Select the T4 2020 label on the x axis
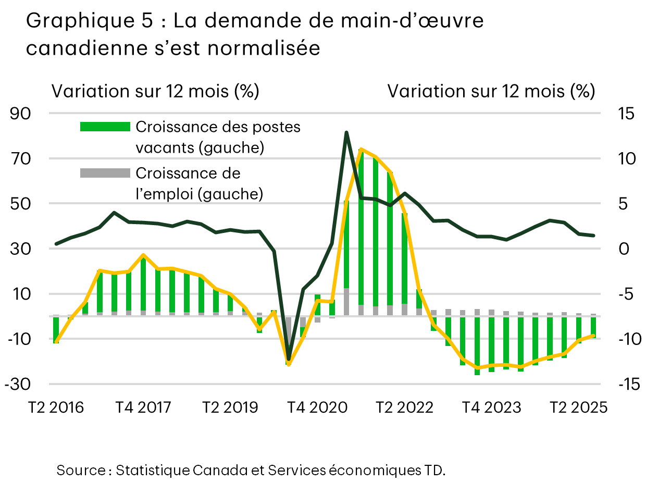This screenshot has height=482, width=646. [x=318, y=407]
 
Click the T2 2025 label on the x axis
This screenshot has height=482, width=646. [x=579, y=407]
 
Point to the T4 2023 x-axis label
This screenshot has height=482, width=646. [x=492, y=407]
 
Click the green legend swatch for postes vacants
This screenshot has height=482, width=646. [x=105, y=127]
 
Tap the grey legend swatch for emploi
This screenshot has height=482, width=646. [x=105, y=172]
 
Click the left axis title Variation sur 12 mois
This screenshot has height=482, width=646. [x=155, y=92]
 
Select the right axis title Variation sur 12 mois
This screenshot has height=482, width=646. [x=491, y=92]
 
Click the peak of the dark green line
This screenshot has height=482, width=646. [x=346, y=132]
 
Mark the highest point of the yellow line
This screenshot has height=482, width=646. [x=361, y=149]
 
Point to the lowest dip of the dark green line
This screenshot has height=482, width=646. [x=289, y=360]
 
